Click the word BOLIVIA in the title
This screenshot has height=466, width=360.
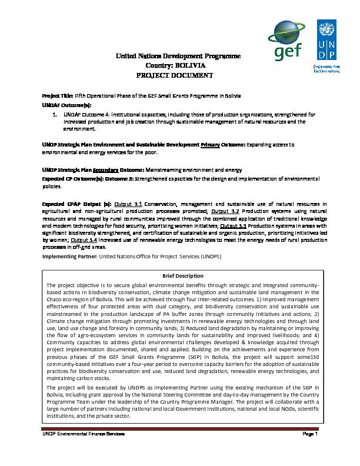(191, 66)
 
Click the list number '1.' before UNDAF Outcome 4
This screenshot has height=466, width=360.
(55, 114)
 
